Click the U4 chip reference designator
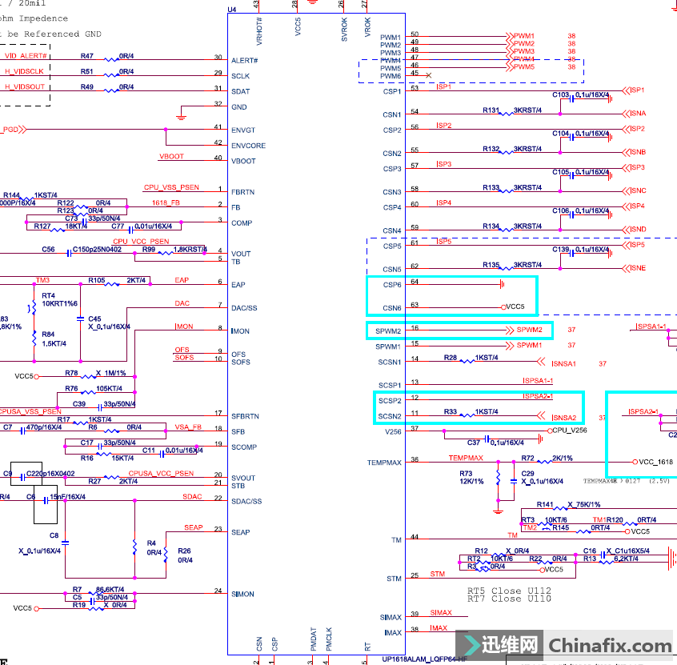point(232,10)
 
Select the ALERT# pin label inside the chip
point(244,60)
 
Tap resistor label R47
point(87,56)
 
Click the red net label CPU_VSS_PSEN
point(171,187)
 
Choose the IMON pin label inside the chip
point(240,331)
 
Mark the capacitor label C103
point(560,94)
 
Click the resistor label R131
point(491,110)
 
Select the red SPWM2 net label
point(529,330)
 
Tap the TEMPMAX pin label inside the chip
point(385,463)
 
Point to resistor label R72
point(527,459)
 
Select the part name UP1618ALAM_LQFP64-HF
point(425,659)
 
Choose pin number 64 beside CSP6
point(415,282)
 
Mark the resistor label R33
point(451,411)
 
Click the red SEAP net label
point(194,527)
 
